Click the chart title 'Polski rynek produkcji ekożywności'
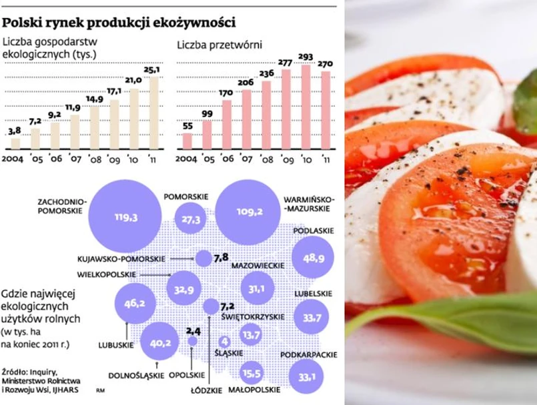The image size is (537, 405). coord(119,22)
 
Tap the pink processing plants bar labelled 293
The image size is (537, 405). coord(306,106)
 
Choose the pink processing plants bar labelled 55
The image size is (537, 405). coord(187,141)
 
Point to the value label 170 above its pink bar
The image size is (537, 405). coord(226,93)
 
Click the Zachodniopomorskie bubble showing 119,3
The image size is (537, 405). coord(125,218)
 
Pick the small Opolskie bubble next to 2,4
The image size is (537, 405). coord(193,341)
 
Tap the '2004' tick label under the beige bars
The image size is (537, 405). coord(14,161)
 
